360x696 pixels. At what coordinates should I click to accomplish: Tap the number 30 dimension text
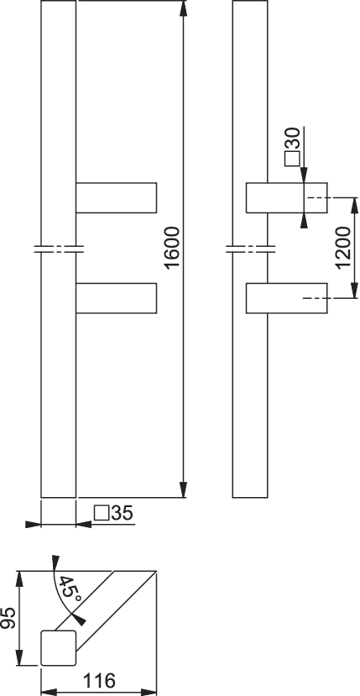coord(293,139)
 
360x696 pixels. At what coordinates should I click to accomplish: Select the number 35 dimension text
coord(122,513)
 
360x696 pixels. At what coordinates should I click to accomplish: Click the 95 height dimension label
coord(8,618)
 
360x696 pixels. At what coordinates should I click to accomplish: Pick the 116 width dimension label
coord(99,680)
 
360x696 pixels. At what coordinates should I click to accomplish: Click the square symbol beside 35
coord(102,513)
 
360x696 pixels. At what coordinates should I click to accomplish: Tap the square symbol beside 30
coord(293,159)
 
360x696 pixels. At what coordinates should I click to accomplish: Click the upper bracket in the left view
coord(117,197)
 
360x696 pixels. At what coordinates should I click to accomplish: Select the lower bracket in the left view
coord(117,298)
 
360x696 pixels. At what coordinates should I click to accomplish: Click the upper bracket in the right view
coord(287,197)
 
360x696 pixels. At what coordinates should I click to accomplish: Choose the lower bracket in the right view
coord(287,298)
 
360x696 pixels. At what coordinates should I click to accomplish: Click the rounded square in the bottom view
coord(59,648)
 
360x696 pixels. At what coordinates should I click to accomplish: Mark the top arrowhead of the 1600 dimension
coord(183,9)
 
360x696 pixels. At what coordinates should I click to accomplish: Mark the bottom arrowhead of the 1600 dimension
coord(183,489)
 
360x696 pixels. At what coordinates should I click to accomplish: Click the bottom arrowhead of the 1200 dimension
coord(354,290)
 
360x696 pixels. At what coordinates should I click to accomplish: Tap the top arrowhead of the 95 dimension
coord(19,578)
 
